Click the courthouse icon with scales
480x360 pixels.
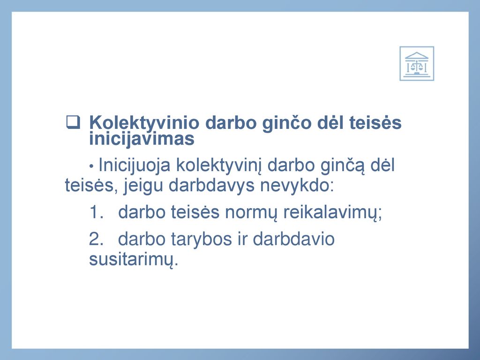coord(417,63)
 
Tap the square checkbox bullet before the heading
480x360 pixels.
coord(73,122)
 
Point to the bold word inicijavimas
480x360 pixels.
coord(142,138)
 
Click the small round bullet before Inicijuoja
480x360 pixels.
coord(91,166)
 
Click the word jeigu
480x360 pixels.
coord(143,186)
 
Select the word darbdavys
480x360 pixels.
coord(211,186)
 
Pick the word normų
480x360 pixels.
coord(251,213)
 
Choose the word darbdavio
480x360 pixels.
coord(293,239)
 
